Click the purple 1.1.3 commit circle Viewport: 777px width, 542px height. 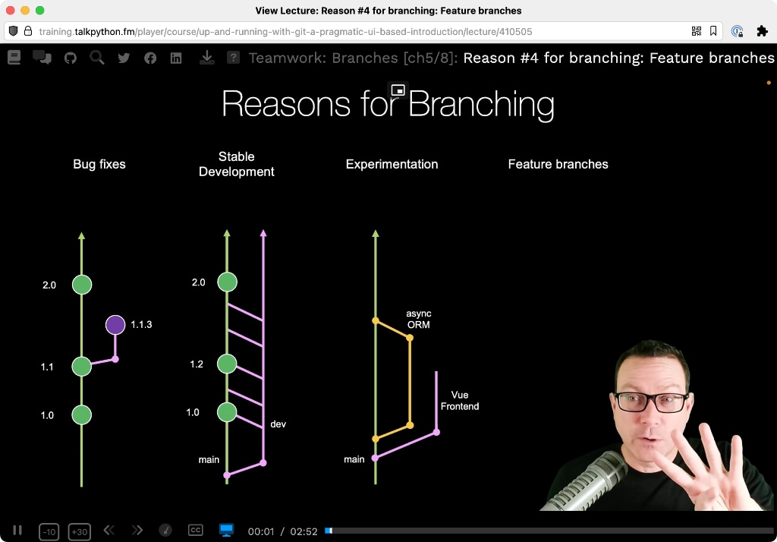point(115,325)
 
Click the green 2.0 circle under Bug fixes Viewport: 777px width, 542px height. point(82,285)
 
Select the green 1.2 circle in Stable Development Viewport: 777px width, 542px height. point(227,364)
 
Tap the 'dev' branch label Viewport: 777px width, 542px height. point(278,424)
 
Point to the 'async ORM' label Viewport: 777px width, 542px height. point(419,320)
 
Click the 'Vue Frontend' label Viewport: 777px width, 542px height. point(460,401)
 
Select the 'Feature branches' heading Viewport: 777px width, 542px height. point(558,164)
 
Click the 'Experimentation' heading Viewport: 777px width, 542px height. point(392,164)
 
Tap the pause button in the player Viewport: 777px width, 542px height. point(17,530)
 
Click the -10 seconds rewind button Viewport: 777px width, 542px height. point(49,531)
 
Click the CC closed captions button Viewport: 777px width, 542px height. point(196,530)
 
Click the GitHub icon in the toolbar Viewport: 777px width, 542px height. point(71,58)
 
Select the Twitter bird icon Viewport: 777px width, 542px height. point(124,58)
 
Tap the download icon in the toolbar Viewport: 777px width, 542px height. point(206,58)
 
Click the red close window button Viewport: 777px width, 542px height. point(11,11)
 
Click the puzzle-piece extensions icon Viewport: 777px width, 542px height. point(762,31)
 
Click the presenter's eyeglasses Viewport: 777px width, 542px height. point(650,401)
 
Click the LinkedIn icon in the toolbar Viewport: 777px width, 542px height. point(176,58)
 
